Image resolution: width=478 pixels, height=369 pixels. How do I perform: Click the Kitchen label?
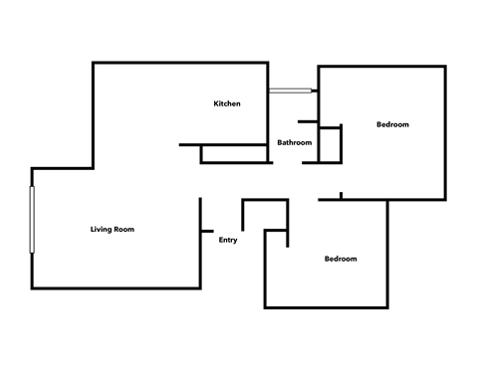[227, 103]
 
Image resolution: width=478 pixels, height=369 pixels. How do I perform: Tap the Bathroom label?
[294, 142]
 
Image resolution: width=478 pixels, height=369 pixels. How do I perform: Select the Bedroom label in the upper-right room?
[392, 124]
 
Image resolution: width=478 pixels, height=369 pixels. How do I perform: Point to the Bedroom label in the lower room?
[341, 259]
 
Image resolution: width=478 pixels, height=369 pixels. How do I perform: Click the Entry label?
[228, 239]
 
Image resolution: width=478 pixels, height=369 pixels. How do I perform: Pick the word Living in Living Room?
[100, 230]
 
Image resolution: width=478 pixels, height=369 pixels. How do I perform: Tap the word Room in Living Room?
[124, 230]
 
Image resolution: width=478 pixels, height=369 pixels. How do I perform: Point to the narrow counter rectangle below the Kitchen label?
[236, 154]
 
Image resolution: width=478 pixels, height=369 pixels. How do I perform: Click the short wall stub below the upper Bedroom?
[342, 196]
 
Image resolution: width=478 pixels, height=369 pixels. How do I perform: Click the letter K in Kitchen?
[216, 103]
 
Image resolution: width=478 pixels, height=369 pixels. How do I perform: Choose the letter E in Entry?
[220, 239]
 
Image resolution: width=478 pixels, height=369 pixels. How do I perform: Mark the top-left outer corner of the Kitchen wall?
[94, 64]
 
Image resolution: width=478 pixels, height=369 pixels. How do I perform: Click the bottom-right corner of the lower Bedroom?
[386, 307]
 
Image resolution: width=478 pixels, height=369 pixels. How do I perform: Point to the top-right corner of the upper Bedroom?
[444, 68]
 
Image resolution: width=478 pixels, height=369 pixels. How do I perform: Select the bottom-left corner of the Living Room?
[34, 287]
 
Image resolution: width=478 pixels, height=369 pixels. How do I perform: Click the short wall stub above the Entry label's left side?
[201, 213]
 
